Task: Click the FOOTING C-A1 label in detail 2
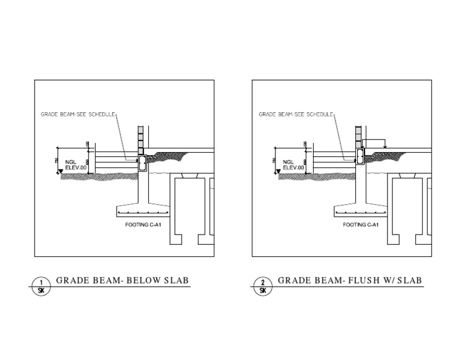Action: pyautogui.click(x=360, y=224)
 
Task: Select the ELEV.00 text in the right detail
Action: pyautogui.click(x=292, y=167)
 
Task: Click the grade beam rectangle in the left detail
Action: pyautogui.click(x=142, y=162)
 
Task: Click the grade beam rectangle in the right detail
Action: pyautogui.click(x=360, y=157)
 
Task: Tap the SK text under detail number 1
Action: pyautogui.click(x=41, y=290)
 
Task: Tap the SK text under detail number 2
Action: pyautogui.click(x=263, y=290)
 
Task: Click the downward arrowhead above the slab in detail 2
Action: pyautogui.click(x=385, y=146)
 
